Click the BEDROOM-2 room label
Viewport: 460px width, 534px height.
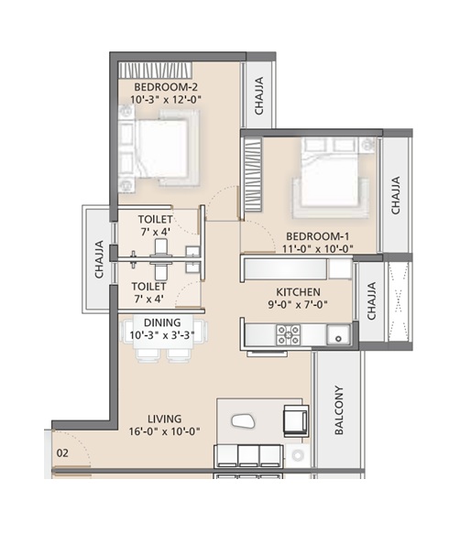[x=166, y=87]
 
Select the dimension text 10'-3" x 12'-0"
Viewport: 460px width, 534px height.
[x=166, y=100]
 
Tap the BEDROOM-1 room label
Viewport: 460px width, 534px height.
[x=317, y=236]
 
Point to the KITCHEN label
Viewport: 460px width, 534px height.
[x=298, y=292]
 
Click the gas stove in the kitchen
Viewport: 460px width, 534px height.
[x=289, y=335]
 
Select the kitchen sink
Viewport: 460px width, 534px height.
[x=338, y=334]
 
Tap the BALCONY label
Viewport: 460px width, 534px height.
[x=339, y=410]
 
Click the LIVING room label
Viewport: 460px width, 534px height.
[x=165, y=419]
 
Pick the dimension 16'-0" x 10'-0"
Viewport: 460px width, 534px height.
[x=164, y=431]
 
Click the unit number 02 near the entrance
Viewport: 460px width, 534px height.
[x=62, y=453]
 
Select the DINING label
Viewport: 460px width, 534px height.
[x=162, y=322]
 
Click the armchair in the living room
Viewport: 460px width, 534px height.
[x=296, y=421]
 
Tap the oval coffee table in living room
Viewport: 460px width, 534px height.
[x=243, y=421]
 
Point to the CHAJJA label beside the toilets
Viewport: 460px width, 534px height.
[x=99, y=259]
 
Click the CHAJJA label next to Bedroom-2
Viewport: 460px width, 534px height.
[x=259, y=95]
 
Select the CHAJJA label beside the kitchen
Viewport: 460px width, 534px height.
[x=371, y=300]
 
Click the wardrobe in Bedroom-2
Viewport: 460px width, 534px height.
[x=156, y=71]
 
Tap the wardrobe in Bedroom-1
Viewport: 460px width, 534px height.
[x=251, y=174]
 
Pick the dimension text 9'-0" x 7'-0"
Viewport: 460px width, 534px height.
[x=298, y=304]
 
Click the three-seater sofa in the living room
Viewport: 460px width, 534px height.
[x=248, y=455]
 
